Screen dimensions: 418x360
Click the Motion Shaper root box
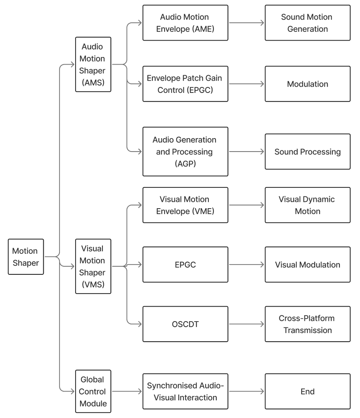pos(26,257)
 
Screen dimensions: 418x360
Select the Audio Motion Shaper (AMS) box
pos(93,65)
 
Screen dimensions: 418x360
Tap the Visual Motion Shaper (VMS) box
pos(93,266)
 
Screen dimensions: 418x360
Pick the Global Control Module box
pos(93,391)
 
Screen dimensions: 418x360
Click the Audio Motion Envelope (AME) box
pos(185,23)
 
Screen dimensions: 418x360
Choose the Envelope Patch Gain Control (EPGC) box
pos(185,84)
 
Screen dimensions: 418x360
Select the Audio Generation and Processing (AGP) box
pos(185,152)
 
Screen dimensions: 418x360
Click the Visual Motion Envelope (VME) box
pos(185,205)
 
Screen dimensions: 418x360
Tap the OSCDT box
pos(185,324)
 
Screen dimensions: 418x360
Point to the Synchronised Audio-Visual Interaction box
pos(185,391)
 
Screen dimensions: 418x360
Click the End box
pos(307,391)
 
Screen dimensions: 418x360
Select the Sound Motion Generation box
pos(307,23)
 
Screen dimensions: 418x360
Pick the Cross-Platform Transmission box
pos(307,324)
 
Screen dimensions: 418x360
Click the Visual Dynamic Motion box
pos(307,205)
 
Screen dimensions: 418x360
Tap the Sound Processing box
pos(307,152)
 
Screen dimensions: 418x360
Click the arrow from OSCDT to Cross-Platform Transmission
pos(246,324)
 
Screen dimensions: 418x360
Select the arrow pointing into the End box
pos(246,391)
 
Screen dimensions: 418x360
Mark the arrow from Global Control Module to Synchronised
pos(126,391)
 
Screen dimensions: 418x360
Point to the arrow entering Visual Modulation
pos(246,264)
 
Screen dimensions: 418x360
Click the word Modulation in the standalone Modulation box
pos(307,84)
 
